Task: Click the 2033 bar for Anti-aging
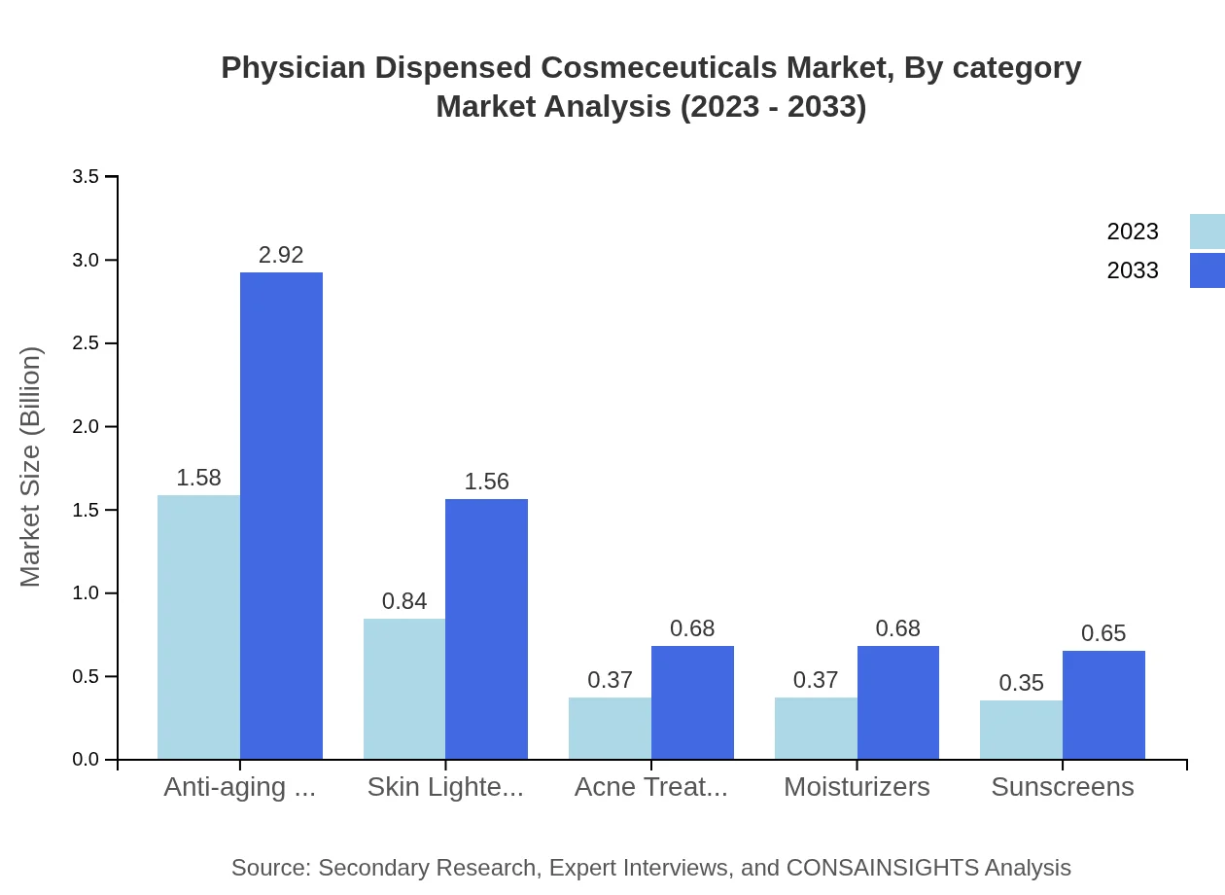tap(281, 516)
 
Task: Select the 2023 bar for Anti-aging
tap(198, 627)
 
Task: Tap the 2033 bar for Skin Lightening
tap(486, 629)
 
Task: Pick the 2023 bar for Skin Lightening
tap(404, 689)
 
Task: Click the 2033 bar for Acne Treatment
tap(692, 702)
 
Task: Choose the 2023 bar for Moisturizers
tap(816, 728)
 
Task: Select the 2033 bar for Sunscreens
tap(1103, 704)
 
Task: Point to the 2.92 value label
tap(281, 255)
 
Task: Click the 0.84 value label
tap(404, 601)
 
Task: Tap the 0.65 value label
tap(1103, 633)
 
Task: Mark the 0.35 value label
tap(1021, 683)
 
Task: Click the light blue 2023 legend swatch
tap(1207, 232)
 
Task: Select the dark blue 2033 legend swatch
tap(1207, 270)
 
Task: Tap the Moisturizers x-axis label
tap(857, 787)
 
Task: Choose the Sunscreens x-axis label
tap(1062, 787)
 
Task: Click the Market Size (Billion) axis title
tap(31, 467)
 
